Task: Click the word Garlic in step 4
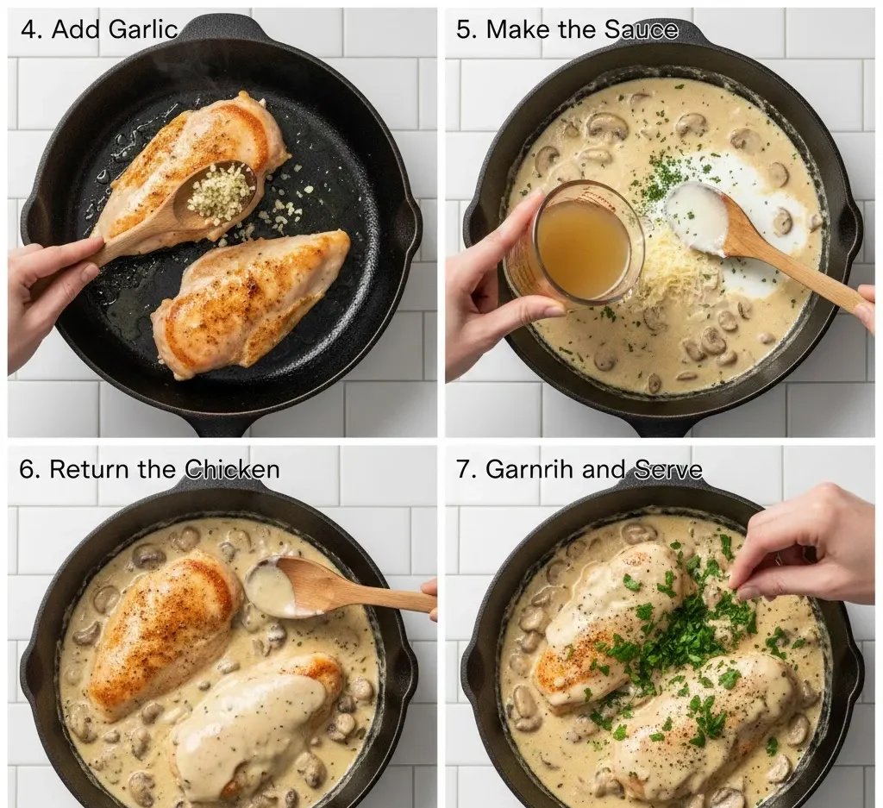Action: (x=143, y=28)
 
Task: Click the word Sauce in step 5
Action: (x=641, y=29)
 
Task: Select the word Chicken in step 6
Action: (x=233, y=470)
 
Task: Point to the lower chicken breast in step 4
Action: (x=250, y=302)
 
